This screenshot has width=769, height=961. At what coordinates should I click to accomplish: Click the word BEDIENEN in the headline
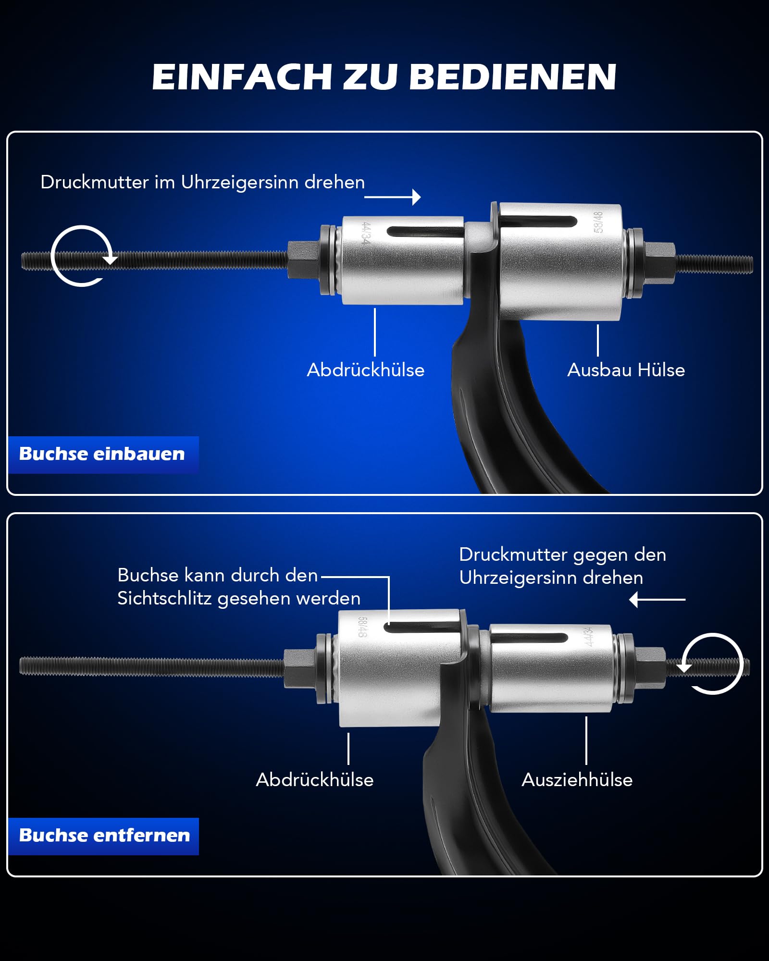[513, 77]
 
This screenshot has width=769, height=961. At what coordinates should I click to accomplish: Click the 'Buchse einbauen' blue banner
[103, 455]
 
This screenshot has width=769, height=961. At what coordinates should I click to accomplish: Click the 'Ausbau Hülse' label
[626, 370]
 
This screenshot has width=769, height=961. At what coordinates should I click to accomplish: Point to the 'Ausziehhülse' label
[577, 780]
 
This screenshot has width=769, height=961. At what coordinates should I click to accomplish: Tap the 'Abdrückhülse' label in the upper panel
[366, 370]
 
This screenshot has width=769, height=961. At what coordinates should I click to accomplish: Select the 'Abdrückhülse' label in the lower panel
[315, 780]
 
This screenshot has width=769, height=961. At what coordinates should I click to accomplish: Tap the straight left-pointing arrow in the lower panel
[657, 600]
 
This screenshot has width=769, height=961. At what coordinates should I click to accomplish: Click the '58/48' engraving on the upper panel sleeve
[598, 222]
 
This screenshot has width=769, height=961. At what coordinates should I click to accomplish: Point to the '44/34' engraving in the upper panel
[366, 234]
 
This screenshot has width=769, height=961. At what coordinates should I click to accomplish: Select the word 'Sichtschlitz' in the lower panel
[165, 599]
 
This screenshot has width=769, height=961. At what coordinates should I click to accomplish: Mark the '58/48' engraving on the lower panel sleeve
[362, 628]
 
